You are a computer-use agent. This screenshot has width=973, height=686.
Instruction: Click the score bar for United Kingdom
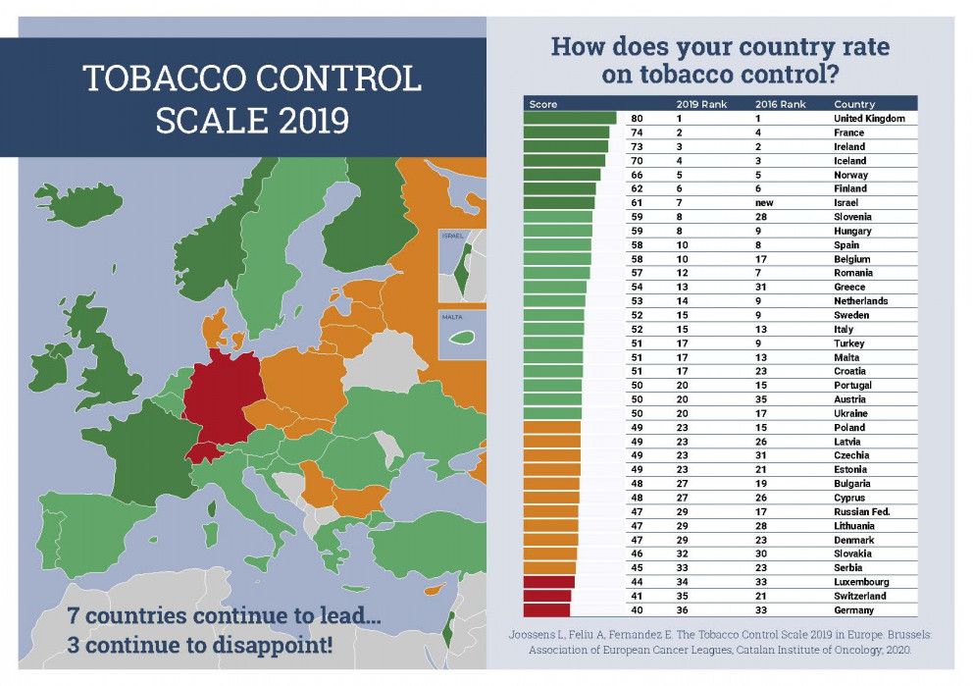click(570, 118)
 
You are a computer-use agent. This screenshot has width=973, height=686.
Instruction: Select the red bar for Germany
click(546, 609)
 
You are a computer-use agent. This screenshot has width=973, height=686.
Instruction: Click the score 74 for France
click(637, 132)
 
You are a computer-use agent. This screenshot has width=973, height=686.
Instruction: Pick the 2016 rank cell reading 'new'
click(766, 202)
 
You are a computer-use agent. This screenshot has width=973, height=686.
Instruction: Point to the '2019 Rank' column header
click(701, 104)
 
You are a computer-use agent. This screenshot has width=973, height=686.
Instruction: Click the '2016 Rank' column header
click(780, 104)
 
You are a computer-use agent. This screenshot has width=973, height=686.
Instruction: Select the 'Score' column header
click(543, 104)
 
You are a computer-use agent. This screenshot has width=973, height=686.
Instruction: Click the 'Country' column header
click(854, 104)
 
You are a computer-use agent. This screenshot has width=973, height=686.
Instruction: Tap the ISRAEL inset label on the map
click(452, 236)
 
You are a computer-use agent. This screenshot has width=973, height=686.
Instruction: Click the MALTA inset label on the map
click(451, 317)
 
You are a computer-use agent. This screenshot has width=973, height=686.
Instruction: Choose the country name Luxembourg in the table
click(861, 582)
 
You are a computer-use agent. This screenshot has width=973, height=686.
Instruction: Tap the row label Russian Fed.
click(860, 511)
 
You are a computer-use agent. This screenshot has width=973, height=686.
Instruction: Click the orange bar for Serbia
click(549, 567)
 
